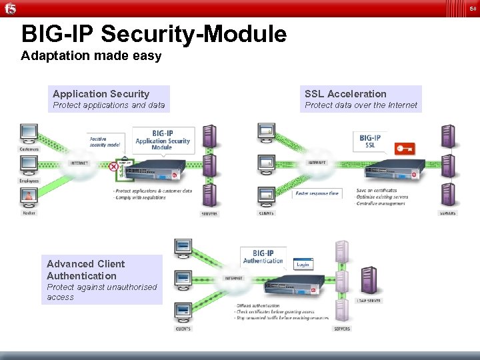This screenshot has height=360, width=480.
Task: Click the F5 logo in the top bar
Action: [x=9, y=8]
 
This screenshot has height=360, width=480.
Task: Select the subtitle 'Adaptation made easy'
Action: [x=91, y=56]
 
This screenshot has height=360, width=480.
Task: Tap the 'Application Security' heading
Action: [x=101, y=94]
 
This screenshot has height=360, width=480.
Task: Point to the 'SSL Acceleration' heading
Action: [x=345, y=94]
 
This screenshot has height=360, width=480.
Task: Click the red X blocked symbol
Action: [x=114, y=167]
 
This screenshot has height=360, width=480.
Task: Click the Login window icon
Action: [x=303, y=264]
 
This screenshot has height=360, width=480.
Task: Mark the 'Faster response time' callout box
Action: [x=316, y=193]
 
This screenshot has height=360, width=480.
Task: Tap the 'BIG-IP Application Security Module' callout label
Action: [x=163, y=140]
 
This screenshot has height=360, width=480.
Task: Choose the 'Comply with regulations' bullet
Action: [x=139, y=197]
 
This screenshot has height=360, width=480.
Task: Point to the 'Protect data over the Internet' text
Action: [x=361, y=105]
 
